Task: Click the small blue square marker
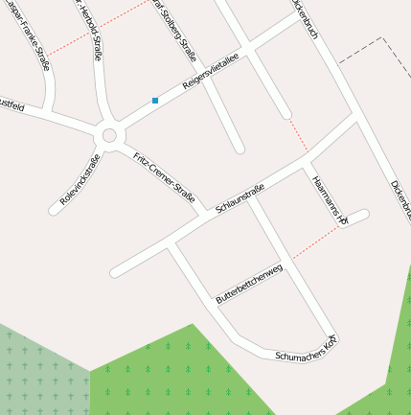pos(155,100)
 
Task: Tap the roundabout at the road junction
pos(108,135)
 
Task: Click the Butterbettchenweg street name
pos(249,287)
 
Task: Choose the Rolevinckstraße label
pos(80,179)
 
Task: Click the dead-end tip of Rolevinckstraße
pos(53,209)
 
